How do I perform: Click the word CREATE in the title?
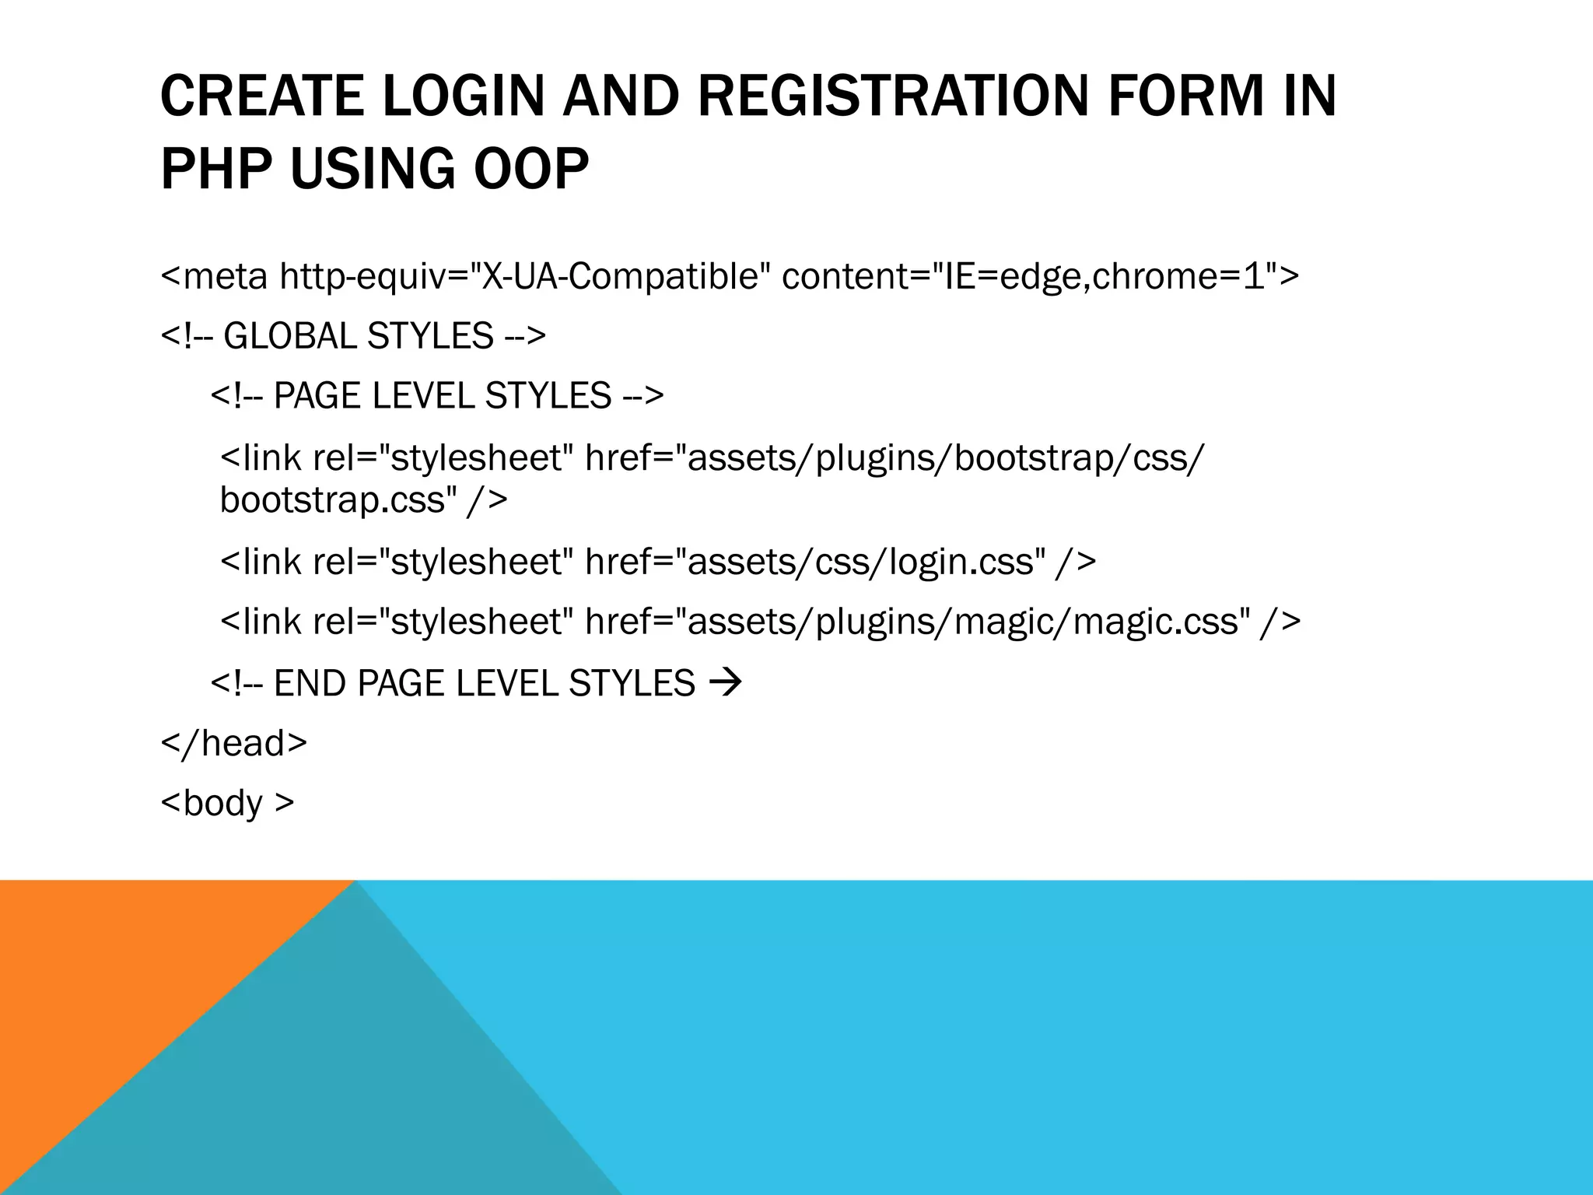(x=262, y=96)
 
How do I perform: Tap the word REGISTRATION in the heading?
(x=891, y=96)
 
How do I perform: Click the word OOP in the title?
(x=531, y=169)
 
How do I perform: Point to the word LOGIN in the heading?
(x=464, y=96)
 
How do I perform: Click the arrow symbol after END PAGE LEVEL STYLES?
(x=726, y=683)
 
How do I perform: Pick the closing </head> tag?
(x=233, y=743)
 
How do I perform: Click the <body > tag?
(x=227, y=803)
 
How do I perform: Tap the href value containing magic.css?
(x=964, y=622)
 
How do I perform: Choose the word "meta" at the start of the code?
(x=226, y=276)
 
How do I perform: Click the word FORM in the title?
(x=1185, y=96)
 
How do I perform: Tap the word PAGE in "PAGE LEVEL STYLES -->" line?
(x=319, y=396)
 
